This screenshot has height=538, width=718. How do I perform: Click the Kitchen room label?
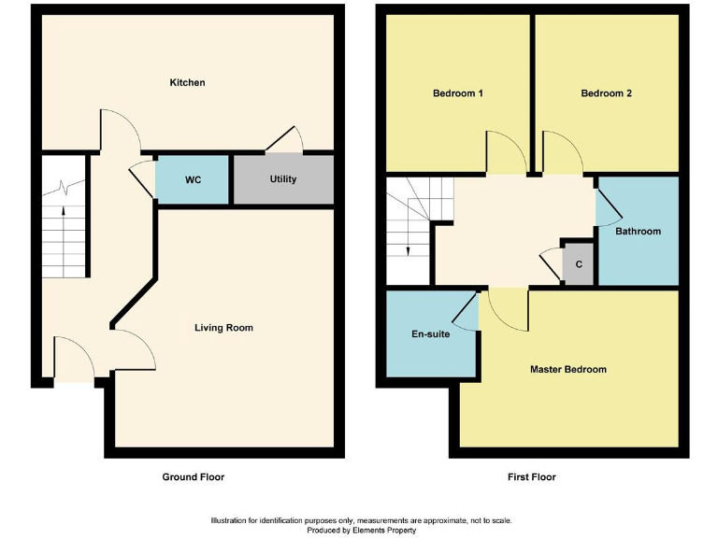click(187, 83)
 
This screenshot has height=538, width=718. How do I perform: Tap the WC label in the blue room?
click(194, 179)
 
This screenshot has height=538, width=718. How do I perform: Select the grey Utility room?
click(282, 179)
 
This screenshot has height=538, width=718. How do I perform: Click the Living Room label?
click(223, 328)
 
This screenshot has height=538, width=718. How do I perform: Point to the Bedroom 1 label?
click(457, 93)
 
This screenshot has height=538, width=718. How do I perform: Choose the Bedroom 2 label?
click(606, 93)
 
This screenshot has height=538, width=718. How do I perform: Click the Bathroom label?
click(638, 232)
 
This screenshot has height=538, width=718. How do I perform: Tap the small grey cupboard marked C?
click(579, 265)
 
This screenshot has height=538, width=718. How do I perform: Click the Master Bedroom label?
click(567, 370)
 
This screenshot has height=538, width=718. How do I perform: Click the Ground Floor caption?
click(194, 477)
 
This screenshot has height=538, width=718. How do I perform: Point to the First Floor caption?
click(531, 477)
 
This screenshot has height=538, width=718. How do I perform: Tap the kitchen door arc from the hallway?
click(121, 130)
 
